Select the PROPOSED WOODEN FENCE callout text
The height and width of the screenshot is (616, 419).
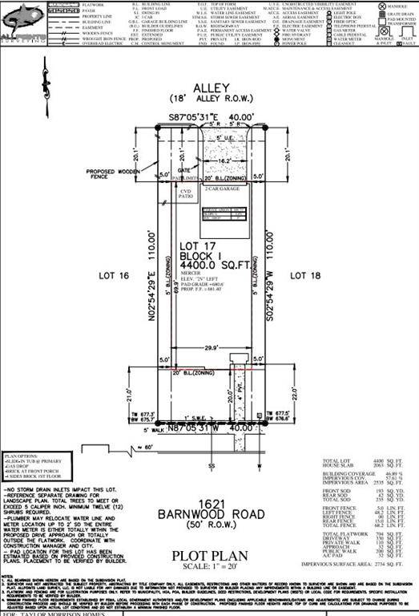click(x=109, y=176)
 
